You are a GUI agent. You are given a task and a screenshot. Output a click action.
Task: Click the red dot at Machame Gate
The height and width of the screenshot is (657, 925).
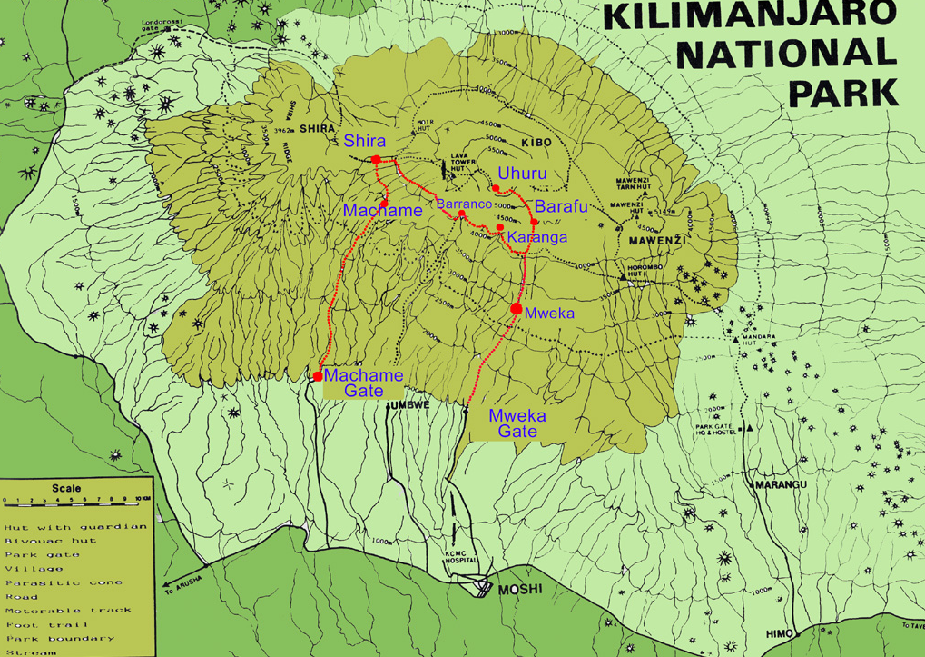318,376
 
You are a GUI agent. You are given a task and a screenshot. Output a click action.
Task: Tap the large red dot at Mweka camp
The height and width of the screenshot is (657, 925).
517,309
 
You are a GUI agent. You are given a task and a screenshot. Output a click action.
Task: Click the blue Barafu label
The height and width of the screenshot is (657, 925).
561,206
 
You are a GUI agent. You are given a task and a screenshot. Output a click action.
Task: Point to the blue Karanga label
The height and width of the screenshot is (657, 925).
537,237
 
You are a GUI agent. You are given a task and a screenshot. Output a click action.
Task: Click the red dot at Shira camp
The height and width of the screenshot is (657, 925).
376,160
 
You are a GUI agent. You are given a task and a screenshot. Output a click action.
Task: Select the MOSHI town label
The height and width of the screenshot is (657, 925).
520,590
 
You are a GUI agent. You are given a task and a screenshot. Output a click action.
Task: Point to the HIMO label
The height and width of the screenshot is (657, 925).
779,632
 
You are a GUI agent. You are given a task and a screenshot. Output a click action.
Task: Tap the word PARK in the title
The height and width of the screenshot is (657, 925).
843,92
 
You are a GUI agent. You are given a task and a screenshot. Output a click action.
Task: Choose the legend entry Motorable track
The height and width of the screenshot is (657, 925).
67,611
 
